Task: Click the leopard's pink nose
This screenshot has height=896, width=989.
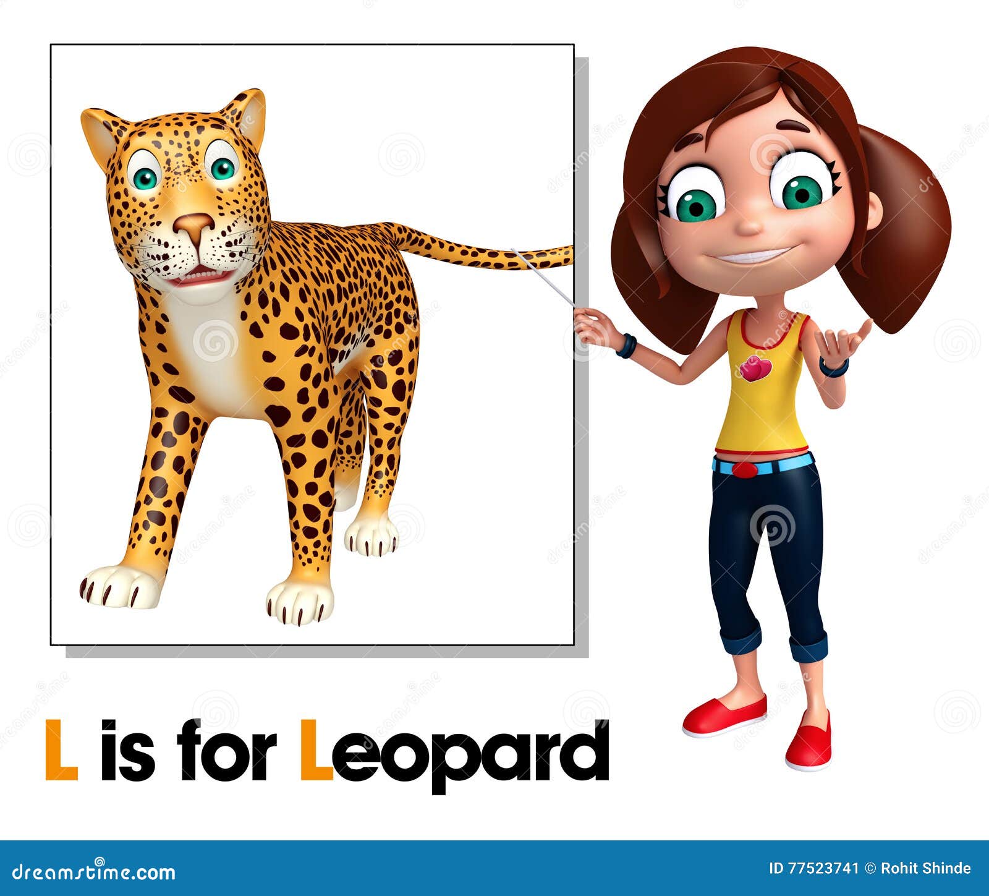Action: (193, 224)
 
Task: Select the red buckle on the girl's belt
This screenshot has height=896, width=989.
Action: (745, 469)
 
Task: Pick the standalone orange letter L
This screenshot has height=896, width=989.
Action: (61, 749)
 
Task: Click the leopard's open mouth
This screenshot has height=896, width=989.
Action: (201, 276)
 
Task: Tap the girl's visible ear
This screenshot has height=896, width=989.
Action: (873, 209)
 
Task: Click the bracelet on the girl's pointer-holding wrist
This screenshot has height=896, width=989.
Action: (626, 346)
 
